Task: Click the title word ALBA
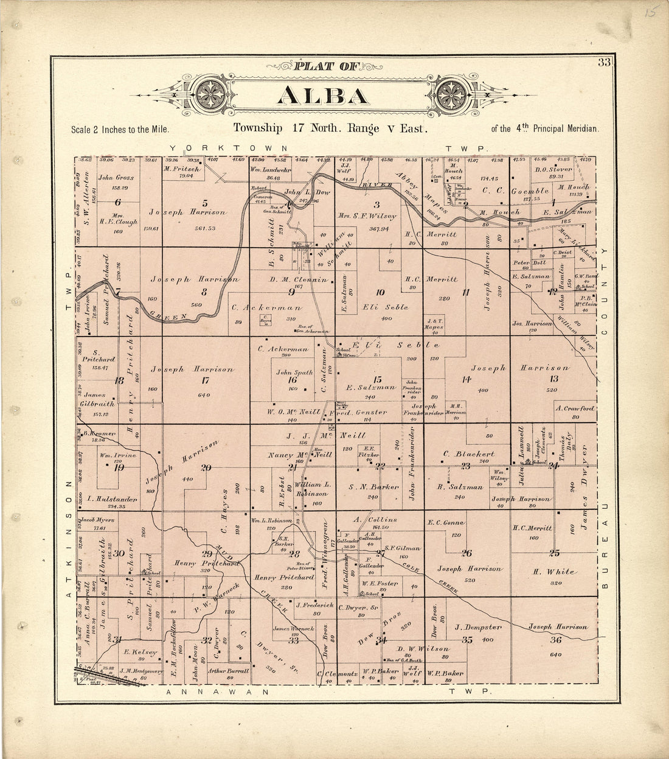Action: [323, 96]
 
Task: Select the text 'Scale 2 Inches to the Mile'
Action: [119, 130]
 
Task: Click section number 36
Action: [555, 640]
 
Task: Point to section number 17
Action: [205, 381]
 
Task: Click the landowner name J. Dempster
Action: [479, 627]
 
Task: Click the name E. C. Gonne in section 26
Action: [446, 522]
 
